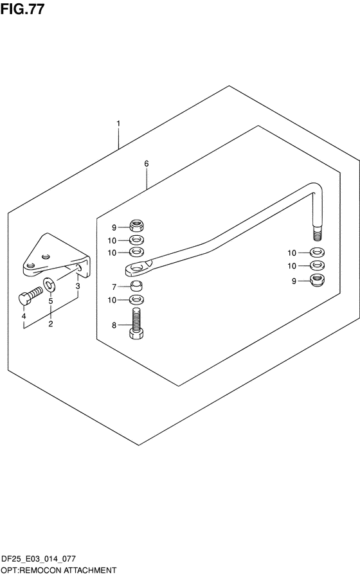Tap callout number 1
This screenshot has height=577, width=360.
click(118, 123)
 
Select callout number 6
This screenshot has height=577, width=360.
click(147, 163)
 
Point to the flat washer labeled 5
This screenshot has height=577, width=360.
click(50, 284)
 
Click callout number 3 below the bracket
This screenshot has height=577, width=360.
click(78, 286)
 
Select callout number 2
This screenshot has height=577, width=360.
click(50, 324)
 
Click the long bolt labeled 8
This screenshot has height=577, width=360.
click(136, 323)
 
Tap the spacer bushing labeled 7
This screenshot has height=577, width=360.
click(136, 285)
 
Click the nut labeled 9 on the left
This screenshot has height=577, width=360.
click(136, 224)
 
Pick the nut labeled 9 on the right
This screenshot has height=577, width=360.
click(318, 280)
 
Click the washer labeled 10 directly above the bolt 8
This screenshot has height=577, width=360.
click(136, 299)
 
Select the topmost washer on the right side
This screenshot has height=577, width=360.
click(318, 253)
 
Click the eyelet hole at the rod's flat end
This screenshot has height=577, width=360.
click(138, 267)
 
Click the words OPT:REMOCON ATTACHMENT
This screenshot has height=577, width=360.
click(59, 571)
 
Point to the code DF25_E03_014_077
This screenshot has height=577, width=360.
click(39, 559)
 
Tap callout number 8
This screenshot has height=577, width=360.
click(114, 325)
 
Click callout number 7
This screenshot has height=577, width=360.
click(114, 287)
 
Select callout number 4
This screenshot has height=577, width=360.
click(24, 316)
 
